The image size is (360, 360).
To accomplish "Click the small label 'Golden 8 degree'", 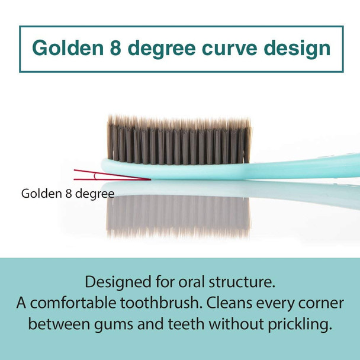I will coord(67,193).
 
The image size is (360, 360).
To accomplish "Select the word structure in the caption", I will coord(245,281).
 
